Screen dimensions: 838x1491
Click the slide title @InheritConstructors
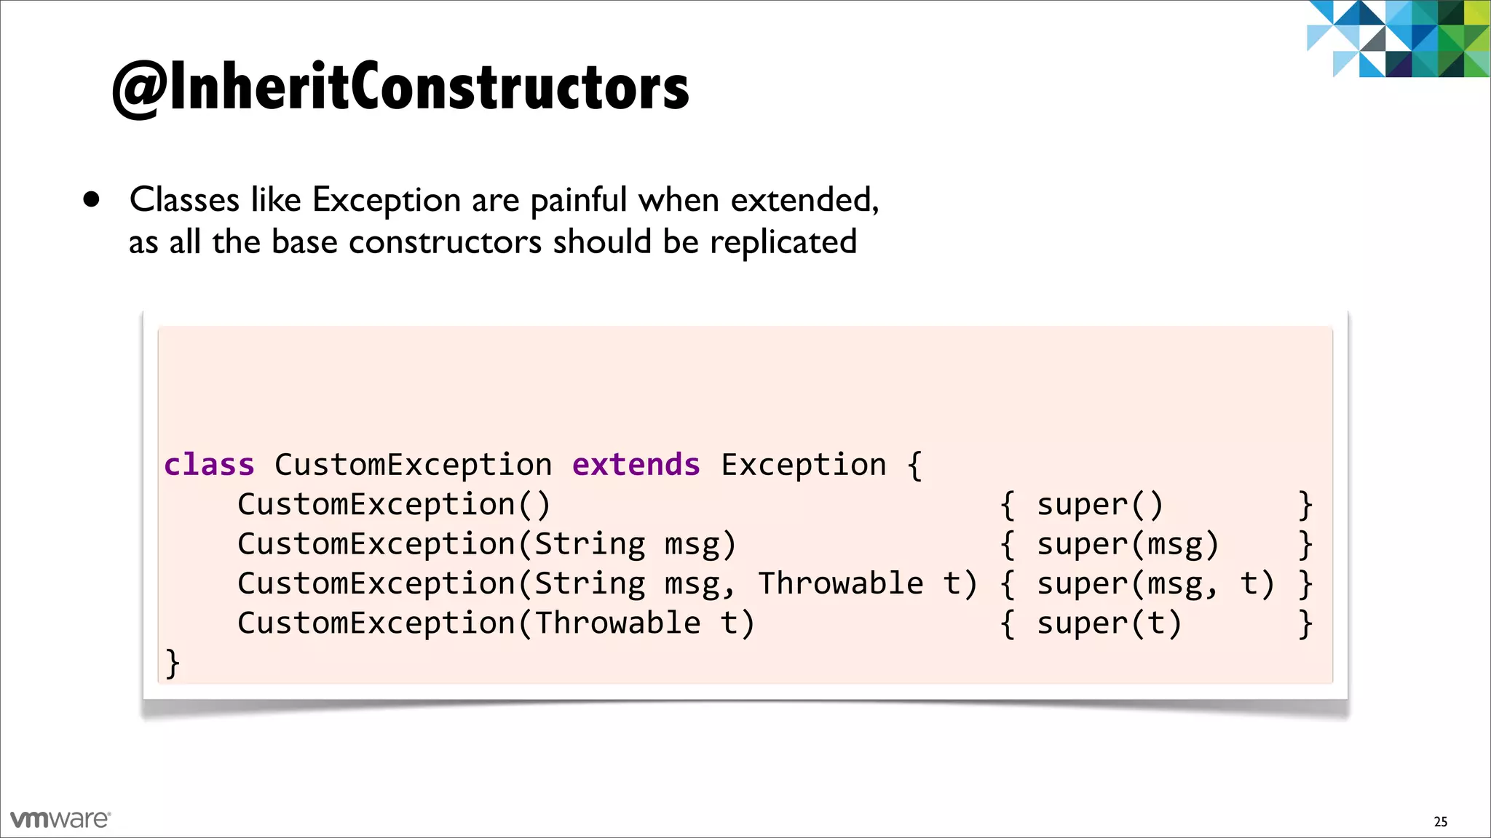[400, 87]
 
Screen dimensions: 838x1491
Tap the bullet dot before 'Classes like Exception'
[91, 199]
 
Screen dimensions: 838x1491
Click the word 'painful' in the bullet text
[578, 200]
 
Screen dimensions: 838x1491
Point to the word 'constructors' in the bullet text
[445, 242]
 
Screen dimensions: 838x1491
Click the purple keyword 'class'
[209, 465]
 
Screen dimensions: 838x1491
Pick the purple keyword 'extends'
[636, 465]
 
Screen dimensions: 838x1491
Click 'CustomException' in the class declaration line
[413, 465]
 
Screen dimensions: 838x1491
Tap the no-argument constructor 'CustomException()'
[393, 505]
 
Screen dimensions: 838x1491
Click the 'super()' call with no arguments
[1099, 505]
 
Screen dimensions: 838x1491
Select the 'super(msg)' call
[1127, 545]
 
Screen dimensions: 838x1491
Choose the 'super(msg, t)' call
[1155, 584]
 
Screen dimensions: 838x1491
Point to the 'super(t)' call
[1109, 624]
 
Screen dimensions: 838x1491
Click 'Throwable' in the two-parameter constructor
[840, 584]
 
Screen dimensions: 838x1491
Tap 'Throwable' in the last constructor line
[617, 624]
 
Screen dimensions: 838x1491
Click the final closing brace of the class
[173, 663]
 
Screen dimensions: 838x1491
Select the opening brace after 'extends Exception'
[915, 465]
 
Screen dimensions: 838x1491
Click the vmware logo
[60, 819]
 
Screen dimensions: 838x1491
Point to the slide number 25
[1440, 822]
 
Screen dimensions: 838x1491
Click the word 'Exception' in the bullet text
[386, 200]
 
